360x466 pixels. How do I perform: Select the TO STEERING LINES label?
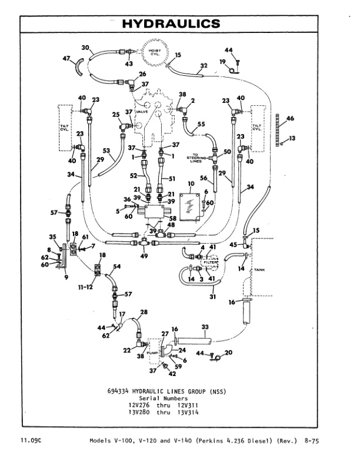pyautogui.click(x=193, y=158)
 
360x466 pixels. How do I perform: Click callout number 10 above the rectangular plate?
pyautogui.click(x=190, y=184)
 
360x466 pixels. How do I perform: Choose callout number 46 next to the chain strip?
pyautogui.click(x=289, y=119)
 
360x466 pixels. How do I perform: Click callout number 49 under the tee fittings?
pyautogui.click(x=145, y=257)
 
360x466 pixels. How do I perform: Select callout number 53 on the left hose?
pyautogui.click(x=107, y=151)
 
